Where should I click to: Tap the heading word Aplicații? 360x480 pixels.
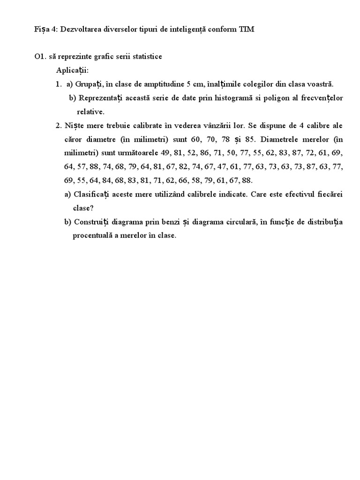tap(72, 70)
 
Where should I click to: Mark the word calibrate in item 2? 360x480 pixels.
tap(141, 126)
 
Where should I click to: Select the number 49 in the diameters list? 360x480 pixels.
tap(165, 153)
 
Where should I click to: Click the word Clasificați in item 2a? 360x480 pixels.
tap(92, 194)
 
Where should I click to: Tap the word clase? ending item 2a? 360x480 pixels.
tap(83, 208)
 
